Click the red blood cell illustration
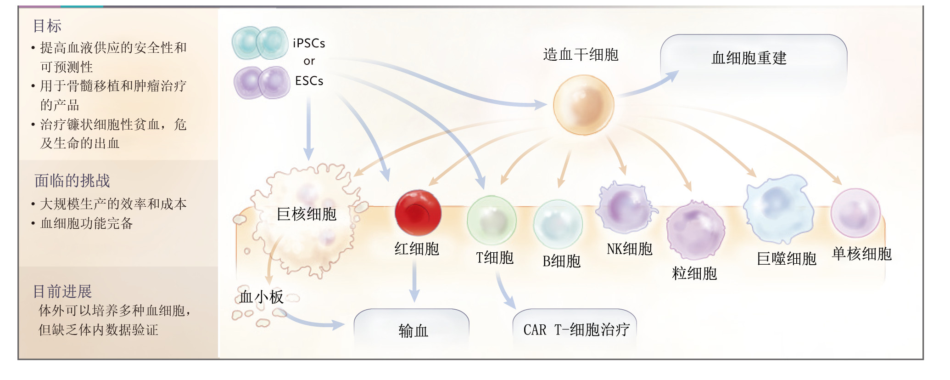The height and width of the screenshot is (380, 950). (418, 213)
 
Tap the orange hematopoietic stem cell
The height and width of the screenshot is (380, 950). (583, 105)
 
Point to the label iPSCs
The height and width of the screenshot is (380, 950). (309, 43)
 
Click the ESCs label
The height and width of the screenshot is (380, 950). (309, 81)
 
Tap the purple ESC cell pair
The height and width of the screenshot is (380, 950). (262, 83)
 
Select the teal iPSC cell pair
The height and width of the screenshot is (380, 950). (260, 43)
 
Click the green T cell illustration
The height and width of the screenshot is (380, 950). (492, 220)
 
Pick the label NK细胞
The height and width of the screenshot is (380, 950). (629, 249)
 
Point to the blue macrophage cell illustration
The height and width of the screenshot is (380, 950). (777, 209)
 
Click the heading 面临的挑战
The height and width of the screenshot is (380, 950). (73, 181)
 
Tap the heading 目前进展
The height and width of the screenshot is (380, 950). (62, 291)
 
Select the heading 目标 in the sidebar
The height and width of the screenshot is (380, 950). (47, 26)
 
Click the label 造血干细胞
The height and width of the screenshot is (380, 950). (581, 55)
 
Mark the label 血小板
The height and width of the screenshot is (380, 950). (261, 297)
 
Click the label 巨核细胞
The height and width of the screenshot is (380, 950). (307, 214)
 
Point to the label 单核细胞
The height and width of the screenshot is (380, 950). (861, 254)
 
